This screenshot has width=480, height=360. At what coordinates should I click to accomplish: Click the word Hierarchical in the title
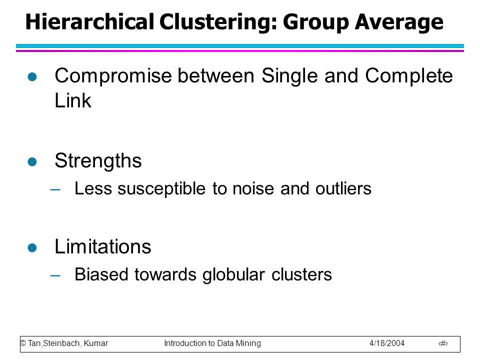click(89, 21)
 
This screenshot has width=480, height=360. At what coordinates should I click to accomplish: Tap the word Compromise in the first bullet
click(113, 76)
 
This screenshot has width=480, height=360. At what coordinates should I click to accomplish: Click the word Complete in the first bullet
click(409, 76)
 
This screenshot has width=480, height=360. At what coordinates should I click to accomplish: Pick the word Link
click(73, 100)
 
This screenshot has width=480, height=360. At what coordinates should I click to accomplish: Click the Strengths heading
click(98, 161)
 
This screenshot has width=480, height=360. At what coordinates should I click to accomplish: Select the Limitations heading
click(103, 246)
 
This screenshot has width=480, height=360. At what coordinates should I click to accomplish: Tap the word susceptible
click(161, 189)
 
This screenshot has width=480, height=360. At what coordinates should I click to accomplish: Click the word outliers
click(343, 188)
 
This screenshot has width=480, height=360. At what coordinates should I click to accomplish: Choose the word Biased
click(101, 274)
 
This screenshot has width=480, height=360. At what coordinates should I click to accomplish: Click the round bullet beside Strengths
click(32, 161)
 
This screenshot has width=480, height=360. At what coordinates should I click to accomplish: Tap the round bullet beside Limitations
click(32, 247)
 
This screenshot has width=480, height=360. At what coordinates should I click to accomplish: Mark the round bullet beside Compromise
click(32, 76)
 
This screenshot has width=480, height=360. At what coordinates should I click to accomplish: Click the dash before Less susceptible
click(55, 190)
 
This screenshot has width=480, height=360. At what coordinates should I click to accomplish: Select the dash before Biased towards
click(55, 275)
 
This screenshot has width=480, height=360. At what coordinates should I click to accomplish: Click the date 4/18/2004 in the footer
click(387, 343)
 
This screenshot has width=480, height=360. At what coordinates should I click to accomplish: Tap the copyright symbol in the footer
click(23, 343)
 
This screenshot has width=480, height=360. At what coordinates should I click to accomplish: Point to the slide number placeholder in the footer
click(443, 343)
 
